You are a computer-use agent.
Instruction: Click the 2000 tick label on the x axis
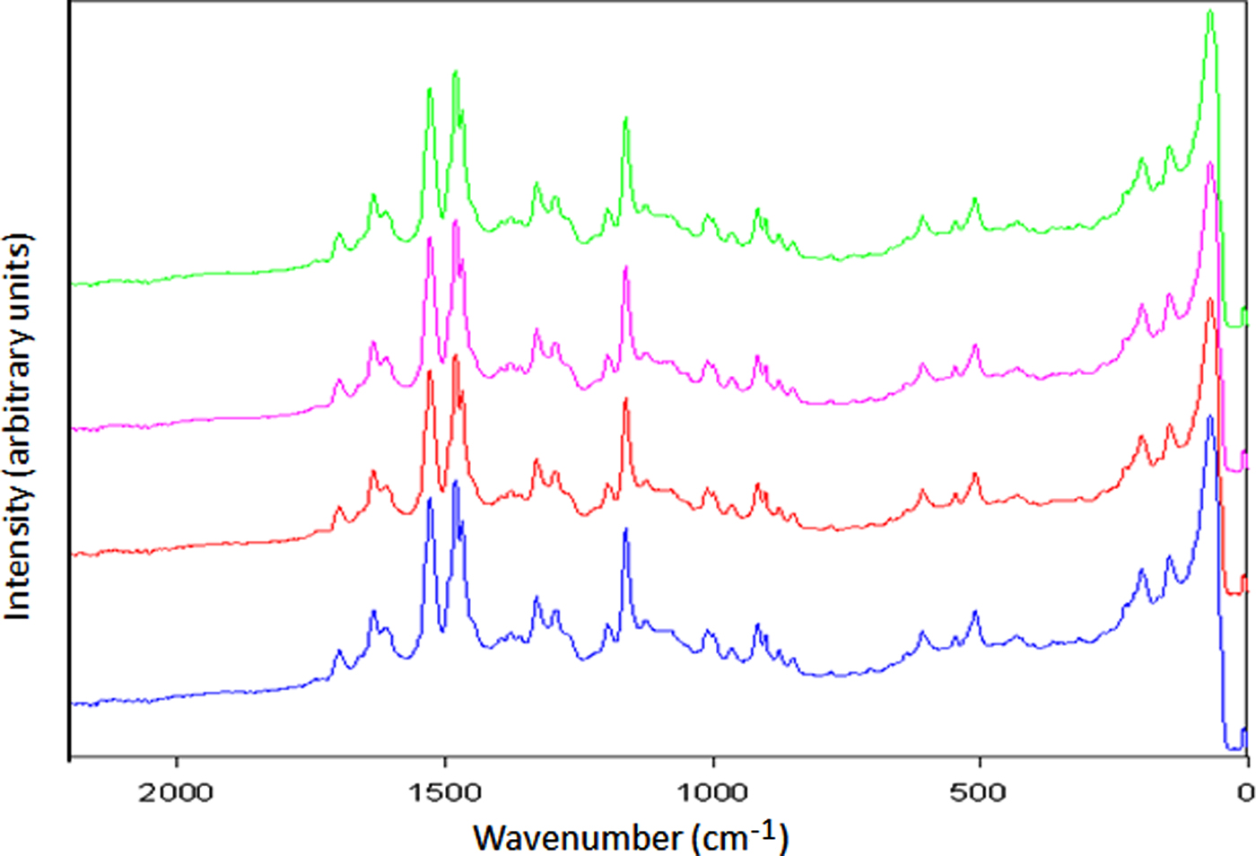pyautogui.click(x=176, y=792)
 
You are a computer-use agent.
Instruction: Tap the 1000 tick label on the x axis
pyautogui.click(x=711, y=792)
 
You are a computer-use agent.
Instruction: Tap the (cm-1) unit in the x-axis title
pyautogui.click(x=740, y=836)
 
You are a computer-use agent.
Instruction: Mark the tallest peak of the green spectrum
pyautogui.click(x=1210, y=13)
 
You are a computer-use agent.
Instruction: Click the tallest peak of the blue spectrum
pyautogui.click(x=1210, y=417)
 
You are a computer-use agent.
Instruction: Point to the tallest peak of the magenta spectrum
pyautogui.click(x=1210, y=164)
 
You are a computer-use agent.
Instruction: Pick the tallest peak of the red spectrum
pyautogui.click(x=1210, y=300)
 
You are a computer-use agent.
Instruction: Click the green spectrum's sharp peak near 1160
pyautogui.click(x=625, y=118)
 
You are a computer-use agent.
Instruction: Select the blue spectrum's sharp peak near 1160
pyautogui.click(x=625, y=529)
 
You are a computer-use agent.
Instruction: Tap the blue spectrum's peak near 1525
pyautogui.click(x=430, y=499)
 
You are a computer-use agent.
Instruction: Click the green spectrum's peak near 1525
pyautogui.click(x=430, y=90)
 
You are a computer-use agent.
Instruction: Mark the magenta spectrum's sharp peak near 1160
pyautogui.click(x=625, y=268)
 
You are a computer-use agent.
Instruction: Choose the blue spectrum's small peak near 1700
pyautogui.click(x=339, y=651)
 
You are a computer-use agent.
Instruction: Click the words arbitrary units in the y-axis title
pyautogui.click(x=18, y=354)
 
